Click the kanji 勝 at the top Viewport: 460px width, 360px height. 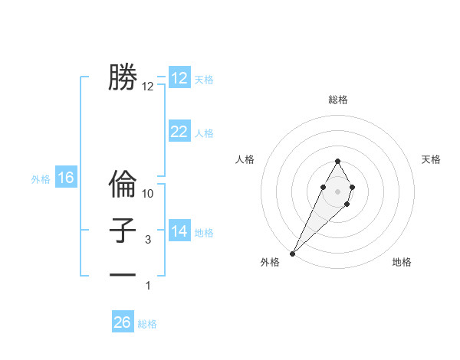click(x=123, y=78)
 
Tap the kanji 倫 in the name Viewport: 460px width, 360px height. click(x=123, y=185)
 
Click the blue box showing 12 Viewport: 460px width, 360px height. click(x=179, y=78)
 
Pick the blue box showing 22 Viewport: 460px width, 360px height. click(x=179, y=132)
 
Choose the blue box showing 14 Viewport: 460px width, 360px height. click(x=179, y=231)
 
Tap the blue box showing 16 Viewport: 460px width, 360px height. click(x=66, y=178)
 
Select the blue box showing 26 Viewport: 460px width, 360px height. click(x=123, y=322)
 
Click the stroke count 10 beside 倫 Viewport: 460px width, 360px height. click(x=148, y=194)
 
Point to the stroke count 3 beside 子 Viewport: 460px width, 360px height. click(x=148, y=240)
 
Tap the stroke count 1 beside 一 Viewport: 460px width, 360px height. click(x=148, y=286)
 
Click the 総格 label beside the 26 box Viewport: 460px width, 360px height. click(x=147, y=324)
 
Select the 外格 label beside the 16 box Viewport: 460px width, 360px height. click(x=41, y=179)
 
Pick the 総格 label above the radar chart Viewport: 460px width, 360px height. click(x=337, y=100)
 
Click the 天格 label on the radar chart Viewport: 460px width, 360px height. click(x=431, y=159)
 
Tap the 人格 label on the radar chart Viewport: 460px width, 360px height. click(x=245, y=159)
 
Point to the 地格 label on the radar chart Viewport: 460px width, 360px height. click(x=402, y=262)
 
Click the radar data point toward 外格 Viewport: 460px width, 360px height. click(x=292, y=253)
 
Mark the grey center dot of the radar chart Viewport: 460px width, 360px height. click(x=337, y=190)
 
